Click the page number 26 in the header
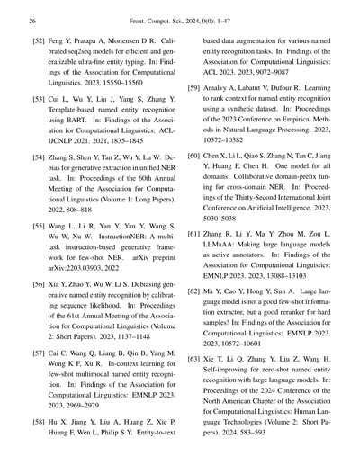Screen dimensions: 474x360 32,18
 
